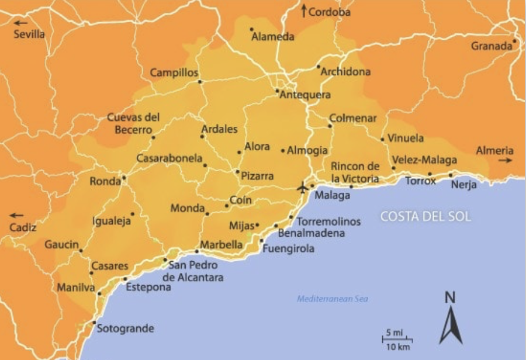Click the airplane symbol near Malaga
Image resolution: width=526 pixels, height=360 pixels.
tap(302, 188)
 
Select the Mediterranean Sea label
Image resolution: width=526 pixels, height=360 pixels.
tap(333, 299)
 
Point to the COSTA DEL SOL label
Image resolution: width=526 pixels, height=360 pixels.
tap(425, 216)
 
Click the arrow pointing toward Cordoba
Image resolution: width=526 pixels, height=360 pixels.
tap(304, 11)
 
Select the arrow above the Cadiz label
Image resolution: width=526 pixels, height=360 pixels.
tap(18, 214)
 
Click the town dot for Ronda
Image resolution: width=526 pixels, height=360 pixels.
tap(124, 178)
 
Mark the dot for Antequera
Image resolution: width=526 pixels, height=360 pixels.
tap(277, 91)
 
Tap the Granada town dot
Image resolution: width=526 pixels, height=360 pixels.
tap(515, 41)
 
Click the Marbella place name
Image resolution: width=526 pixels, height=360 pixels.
tap(221, 244)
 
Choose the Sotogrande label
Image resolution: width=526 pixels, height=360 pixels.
tap(125, 328)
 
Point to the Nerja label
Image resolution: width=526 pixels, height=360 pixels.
tap(464, 185)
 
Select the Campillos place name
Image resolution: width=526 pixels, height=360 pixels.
tap(174, 73)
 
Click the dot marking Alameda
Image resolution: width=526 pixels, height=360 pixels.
tap(251, 29)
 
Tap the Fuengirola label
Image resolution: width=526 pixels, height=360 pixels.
tap(288, 248)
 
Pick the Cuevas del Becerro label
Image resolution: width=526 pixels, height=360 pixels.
tap(133, 123)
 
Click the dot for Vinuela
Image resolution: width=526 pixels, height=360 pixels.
tap(382, 139)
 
